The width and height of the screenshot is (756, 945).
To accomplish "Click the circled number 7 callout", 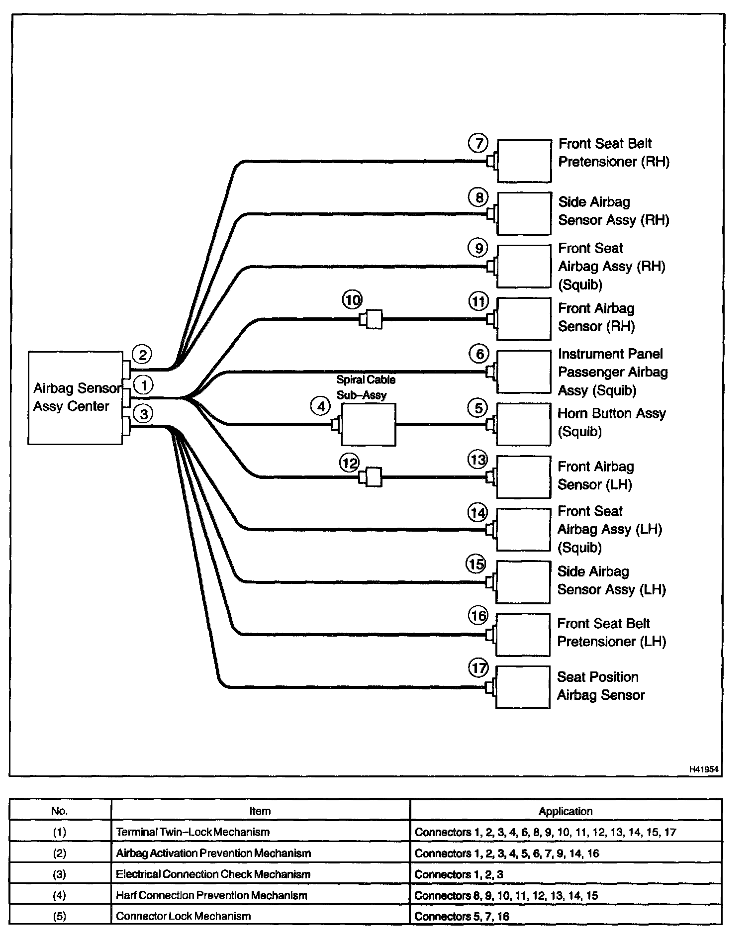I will tap(478, 144).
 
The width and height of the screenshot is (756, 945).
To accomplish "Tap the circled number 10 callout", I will tap(352, 300).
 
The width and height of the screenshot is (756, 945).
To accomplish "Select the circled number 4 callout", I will tap(321, 406).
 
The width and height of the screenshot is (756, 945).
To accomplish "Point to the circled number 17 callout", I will tap(478, 668).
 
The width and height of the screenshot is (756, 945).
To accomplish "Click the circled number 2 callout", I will tap(143, 355).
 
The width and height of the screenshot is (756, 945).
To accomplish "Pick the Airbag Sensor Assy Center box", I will tap(75, 398).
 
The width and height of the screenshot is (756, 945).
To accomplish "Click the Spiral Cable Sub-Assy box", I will tap(369, 424).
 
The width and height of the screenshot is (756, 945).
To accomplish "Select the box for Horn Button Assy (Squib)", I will tap(524, 424).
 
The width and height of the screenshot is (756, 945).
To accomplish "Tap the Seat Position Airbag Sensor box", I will tap(523, 687).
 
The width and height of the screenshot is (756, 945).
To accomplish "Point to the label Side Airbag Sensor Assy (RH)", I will tap(613, 211).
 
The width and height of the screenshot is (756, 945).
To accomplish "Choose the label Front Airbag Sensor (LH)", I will tap(595, 475).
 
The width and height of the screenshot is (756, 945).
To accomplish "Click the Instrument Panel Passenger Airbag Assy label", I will tap(612, 372).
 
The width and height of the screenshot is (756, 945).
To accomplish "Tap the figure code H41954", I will tap(703, 769).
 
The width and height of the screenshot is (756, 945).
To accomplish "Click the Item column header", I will tap(260, 811).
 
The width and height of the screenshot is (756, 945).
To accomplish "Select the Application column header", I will tap(565, 811).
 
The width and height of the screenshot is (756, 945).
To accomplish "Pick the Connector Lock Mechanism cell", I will tap(183, 916).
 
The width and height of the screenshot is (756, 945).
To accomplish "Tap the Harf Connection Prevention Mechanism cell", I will tap(211, 895).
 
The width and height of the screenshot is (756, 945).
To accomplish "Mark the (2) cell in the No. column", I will tap(59, 853).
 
